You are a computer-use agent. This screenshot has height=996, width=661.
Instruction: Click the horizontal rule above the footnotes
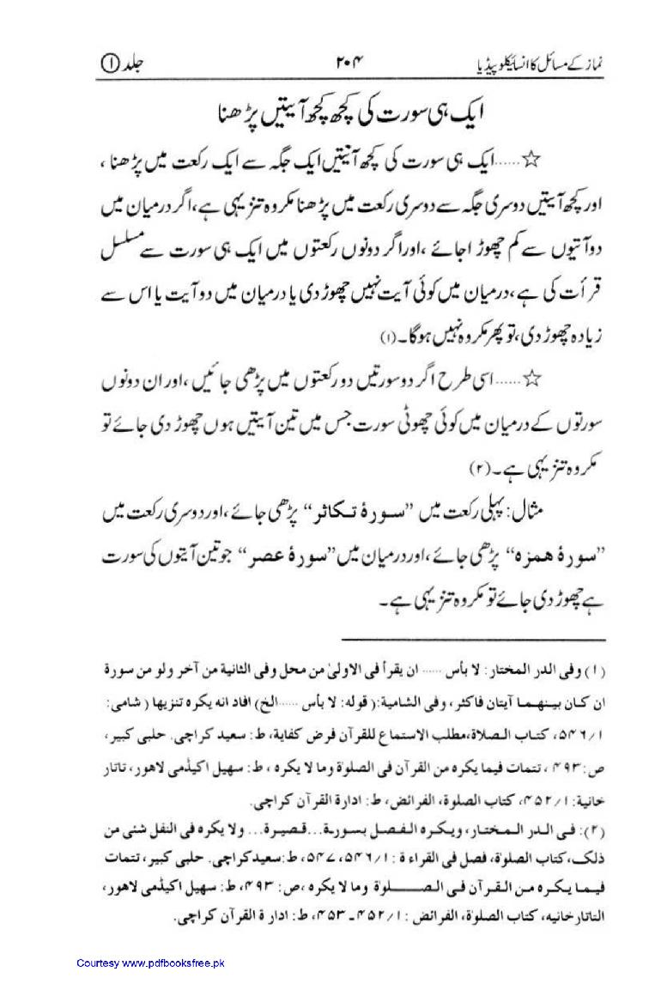[x=472, y=638]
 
